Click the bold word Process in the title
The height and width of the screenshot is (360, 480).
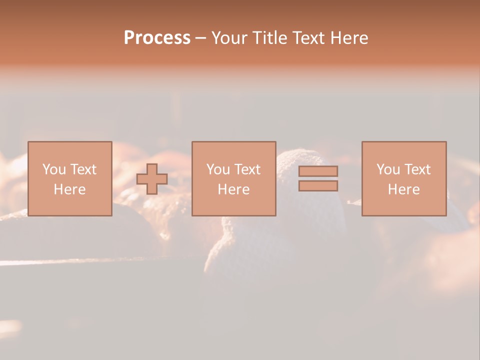pos(157,38)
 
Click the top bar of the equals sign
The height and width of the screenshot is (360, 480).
pos(318,171)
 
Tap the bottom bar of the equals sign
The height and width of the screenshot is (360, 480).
pos(318,185)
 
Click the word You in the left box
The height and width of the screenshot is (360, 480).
pos(54,169)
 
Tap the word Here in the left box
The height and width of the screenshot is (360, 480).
pos(69,189)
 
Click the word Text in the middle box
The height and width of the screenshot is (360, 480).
pos(247,169)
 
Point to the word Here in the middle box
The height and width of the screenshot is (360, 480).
pos(233,189)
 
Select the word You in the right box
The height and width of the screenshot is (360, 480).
pos(388,169)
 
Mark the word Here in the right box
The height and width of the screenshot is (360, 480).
pos(404,189)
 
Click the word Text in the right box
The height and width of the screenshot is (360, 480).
pos(417,169)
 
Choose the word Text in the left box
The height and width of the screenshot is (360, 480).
pos(83,169)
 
